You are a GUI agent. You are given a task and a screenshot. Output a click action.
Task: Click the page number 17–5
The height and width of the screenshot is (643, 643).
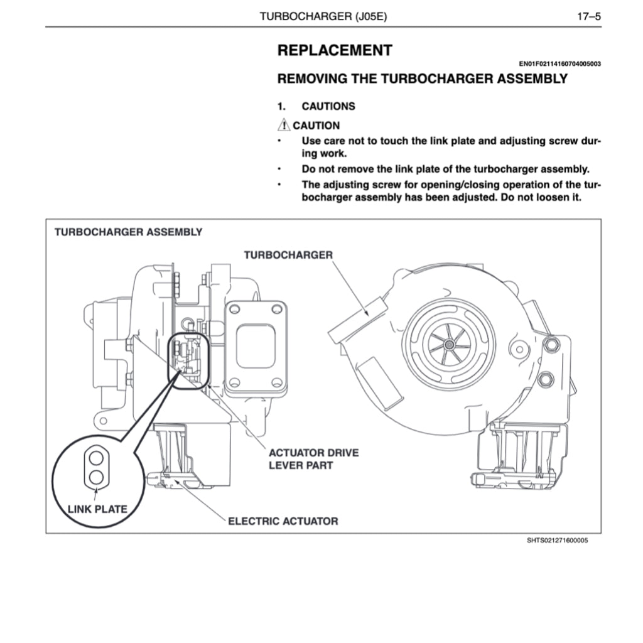click(589, 16)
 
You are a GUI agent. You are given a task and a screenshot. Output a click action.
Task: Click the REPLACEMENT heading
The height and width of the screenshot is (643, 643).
click(335, 51)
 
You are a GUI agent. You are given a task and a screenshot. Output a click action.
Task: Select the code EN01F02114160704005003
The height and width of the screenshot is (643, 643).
click(559, 64)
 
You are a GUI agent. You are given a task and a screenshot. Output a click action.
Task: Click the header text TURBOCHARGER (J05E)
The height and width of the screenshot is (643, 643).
click(323, 16)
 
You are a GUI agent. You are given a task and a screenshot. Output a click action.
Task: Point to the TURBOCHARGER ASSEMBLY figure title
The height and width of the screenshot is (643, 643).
click(129, 232)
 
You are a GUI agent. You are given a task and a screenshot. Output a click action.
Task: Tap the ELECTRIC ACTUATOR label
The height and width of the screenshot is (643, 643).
click(283, 521)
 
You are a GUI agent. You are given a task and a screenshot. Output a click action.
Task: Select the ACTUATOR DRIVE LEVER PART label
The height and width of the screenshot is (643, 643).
click(313, 458)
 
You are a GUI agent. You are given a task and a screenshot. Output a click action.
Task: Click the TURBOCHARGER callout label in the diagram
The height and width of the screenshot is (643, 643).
click(288, 254)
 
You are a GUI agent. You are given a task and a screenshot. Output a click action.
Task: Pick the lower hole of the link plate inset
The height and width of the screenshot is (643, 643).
click(96, 477)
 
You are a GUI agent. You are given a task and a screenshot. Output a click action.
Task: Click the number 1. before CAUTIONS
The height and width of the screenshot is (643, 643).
click(282, 106)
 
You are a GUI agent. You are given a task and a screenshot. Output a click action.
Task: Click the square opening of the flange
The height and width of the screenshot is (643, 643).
click(256, 345)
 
